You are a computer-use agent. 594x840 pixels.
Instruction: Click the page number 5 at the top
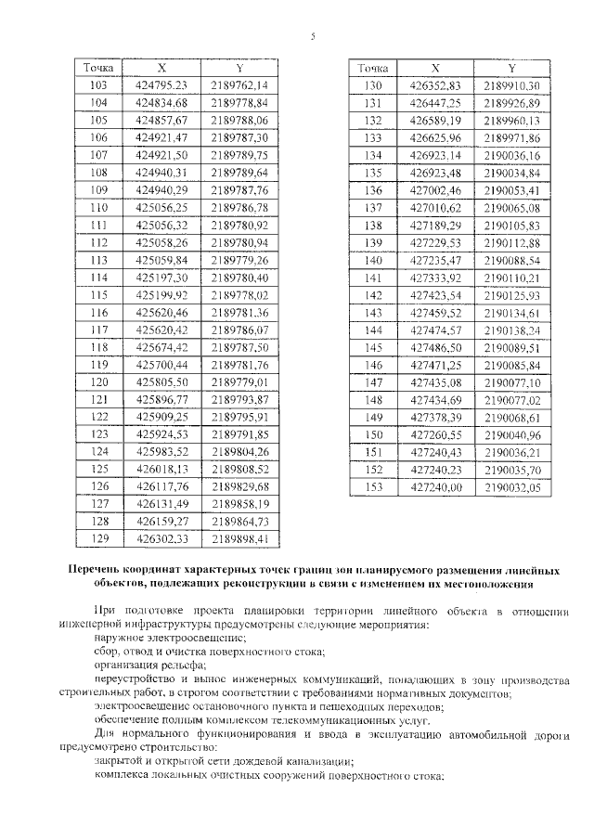pyautogui.click(x=312, y=36)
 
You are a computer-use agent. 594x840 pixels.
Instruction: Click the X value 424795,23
pyautogui.click(x=161, y=84)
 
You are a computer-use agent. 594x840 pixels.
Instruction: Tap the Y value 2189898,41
pyautogui.click(x=239, y=537)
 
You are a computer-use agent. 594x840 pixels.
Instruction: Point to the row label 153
pyautogui.click(x=373, y=485)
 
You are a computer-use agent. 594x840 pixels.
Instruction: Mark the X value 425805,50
pyautogui.click(x=161, y=381)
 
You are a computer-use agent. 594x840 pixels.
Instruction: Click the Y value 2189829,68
pyautogui.click(x=239, y=485)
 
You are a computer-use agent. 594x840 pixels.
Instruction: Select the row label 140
pyautogui.click(x=373, y=260)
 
